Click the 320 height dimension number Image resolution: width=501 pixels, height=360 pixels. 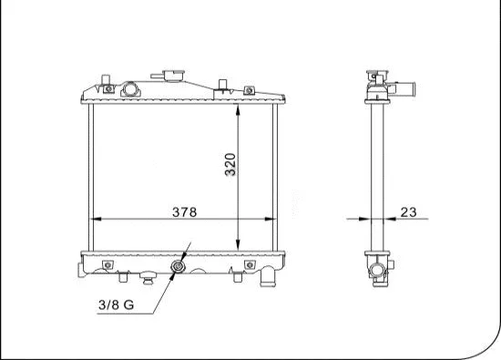[230, 163]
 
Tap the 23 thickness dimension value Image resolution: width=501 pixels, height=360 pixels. [407, 212]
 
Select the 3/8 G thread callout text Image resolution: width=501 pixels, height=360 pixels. [117, 304]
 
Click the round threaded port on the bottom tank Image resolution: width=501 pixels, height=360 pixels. [178, 268]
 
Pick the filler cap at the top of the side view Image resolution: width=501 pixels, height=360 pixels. [376, 74]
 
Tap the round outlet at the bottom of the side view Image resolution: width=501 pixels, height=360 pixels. [377, 270]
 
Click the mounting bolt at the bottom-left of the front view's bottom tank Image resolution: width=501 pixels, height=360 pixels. [107, 265]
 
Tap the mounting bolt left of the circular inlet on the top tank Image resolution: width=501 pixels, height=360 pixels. [108, 89]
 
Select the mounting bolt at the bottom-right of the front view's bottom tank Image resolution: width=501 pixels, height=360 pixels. [249, 265]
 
